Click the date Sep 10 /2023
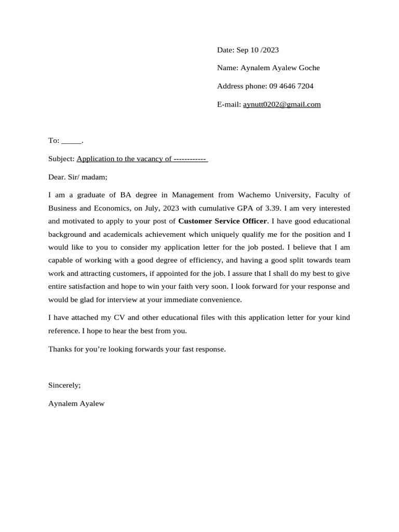tap(258, 50)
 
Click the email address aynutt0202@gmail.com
tap(282, 104)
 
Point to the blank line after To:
tap(72, 141)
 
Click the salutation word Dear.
tap(57, 177)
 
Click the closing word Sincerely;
tap(64, 385)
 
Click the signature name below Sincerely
tap(76, 404)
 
